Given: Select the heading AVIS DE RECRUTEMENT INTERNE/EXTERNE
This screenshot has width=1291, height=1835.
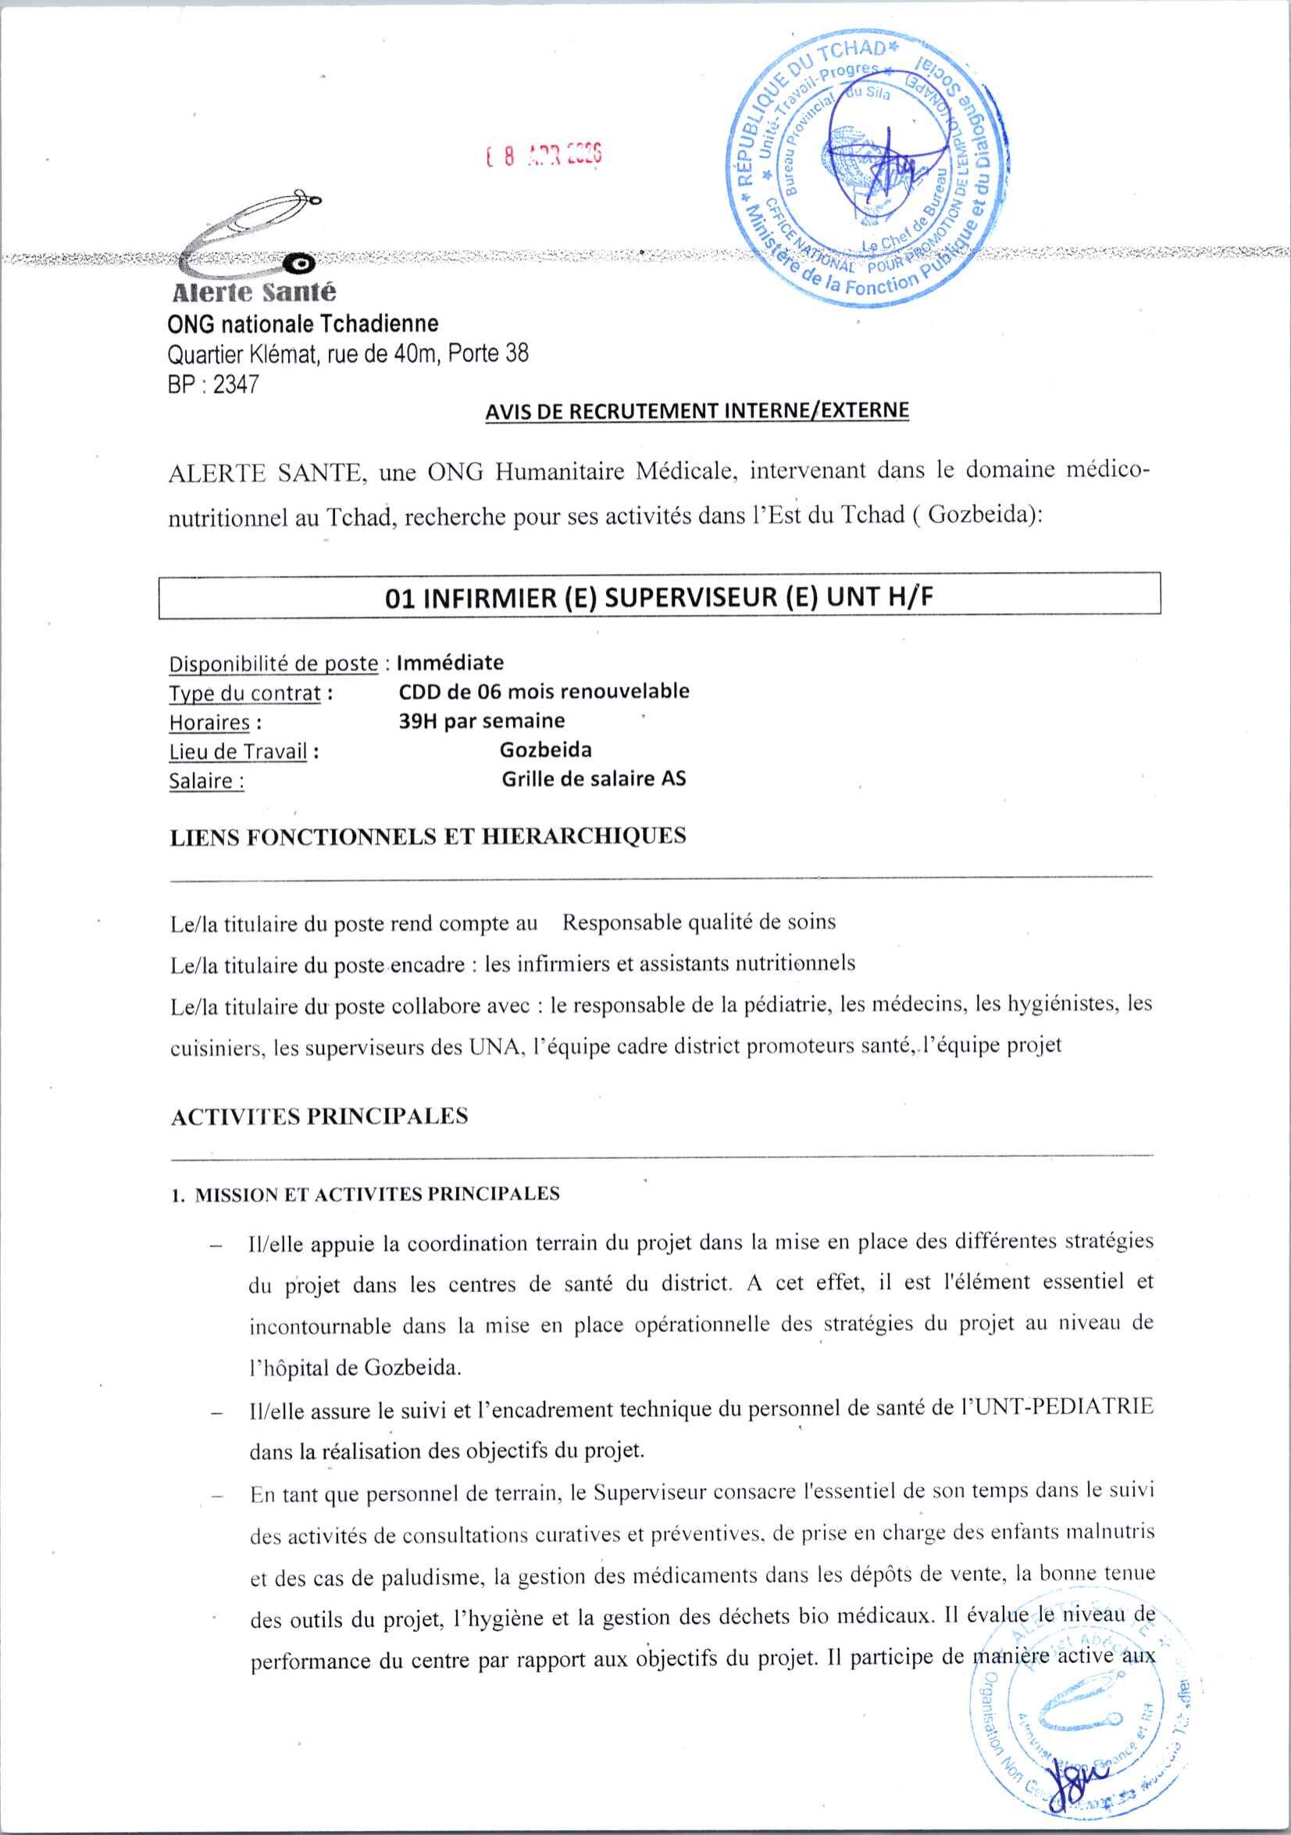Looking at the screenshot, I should point(697,411).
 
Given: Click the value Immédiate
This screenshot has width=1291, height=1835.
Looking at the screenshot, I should point(451,662).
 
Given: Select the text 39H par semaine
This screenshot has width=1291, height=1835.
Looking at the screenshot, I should point(482,720).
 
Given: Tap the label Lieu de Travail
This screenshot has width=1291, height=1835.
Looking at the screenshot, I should point(238,751).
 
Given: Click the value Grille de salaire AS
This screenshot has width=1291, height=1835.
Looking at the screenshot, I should point(594,778).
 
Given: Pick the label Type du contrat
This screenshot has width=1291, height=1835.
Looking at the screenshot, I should point(244,693).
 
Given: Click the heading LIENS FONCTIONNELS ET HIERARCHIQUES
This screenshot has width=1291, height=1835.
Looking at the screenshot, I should point(428,836).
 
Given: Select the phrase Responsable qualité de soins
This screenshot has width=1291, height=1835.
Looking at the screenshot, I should point(699,922).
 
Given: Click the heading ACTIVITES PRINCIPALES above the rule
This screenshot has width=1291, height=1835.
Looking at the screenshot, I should point(319,1116).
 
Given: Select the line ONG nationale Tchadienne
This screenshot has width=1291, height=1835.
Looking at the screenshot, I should point(303,324).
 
